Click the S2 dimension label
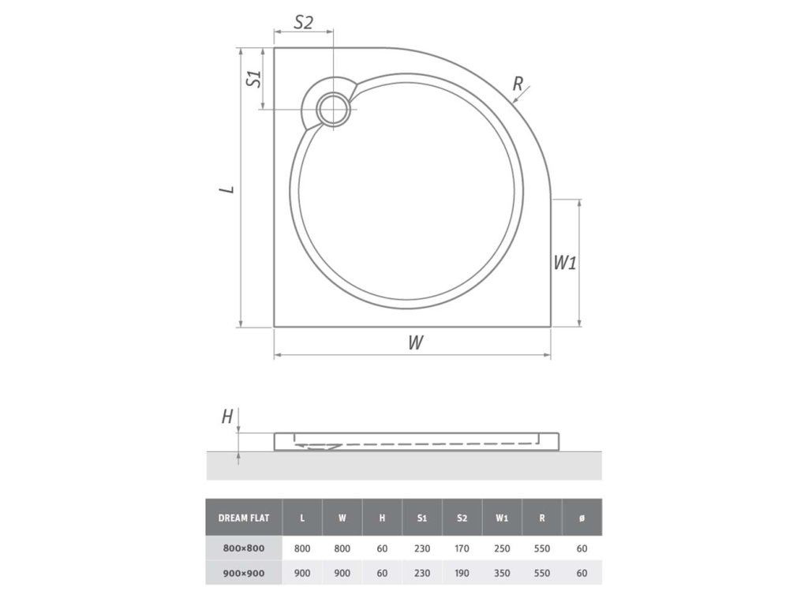pos(304,22)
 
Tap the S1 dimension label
pos(253,78)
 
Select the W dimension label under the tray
pos(416,342)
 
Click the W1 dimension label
pos(565,263)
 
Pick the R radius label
pos(518,83)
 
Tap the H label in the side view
pos(227,417)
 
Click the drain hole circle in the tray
pos(334,110)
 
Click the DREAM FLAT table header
pos(244,518)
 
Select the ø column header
pos(582,518)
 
